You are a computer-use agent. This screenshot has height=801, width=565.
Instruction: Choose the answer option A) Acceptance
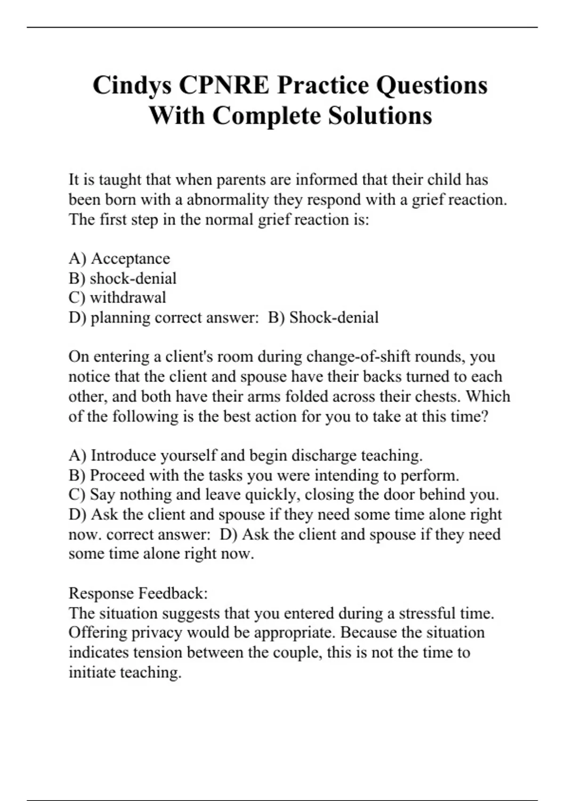119,258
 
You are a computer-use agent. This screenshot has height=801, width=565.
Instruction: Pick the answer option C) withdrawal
117,297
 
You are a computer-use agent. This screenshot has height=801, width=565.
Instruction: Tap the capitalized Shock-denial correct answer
334,318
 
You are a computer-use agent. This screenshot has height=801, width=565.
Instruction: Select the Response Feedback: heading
138,593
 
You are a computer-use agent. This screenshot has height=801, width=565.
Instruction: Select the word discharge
324,456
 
